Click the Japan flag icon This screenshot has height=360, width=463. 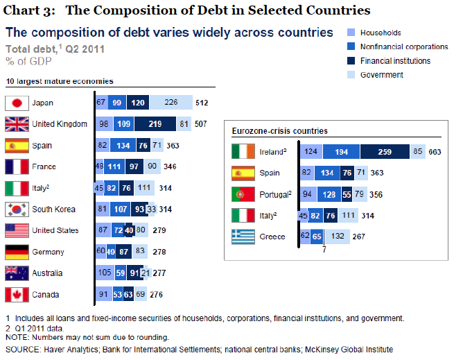click(x=16, y=103)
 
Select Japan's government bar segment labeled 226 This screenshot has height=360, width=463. click(x=171, y=103)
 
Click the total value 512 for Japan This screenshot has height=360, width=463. click(x=202, y=103)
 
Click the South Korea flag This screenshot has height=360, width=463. click(x=16, y=209)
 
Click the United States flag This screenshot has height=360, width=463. click(x=16, y=230)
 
